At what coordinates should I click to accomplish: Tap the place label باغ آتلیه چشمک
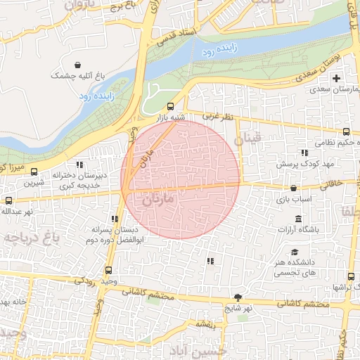tap(77, 75)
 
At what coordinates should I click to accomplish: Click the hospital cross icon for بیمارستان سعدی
tap(336, 77)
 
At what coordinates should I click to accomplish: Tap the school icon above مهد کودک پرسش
tap(304, 153)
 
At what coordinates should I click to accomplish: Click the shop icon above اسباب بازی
tap(294, 188)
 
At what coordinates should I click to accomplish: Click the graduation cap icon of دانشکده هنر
tap(295, 252)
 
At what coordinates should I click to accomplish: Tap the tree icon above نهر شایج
tap(238, 297)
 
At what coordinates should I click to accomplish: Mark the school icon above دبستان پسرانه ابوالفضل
tap(115, 219)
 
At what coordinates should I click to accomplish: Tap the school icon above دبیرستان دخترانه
tap(79, 164)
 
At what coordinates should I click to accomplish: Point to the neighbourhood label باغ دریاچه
tap(32, 238)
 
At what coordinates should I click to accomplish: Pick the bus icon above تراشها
tap(350, 276)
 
